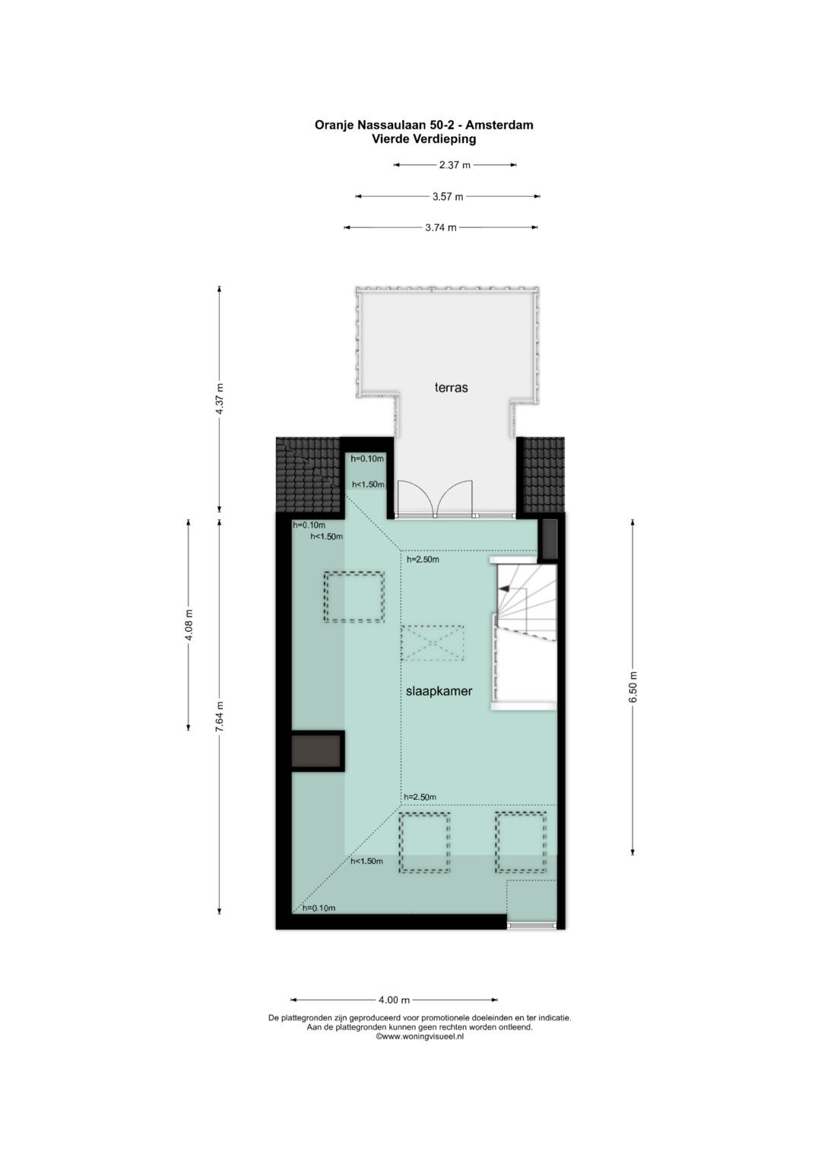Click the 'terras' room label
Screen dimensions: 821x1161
click(451, 387)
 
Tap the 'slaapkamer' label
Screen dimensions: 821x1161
click(439, 691)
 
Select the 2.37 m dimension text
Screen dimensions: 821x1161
click(455, 165)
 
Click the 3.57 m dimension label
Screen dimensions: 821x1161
click(448, 196)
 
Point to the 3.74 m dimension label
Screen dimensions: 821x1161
click(441, 227)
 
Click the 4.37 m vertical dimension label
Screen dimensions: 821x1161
click(220, 398)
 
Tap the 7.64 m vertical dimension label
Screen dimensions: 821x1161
click(220, 715)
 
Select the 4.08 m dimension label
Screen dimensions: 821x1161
click(189, 625)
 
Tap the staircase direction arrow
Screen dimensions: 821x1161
click(504, 588)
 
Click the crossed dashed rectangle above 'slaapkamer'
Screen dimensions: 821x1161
click(432, 642)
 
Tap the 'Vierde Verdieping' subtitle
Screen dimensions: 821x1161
click(423, 139)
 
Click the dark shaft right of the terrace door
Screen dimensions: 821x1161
click(547, 539)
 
